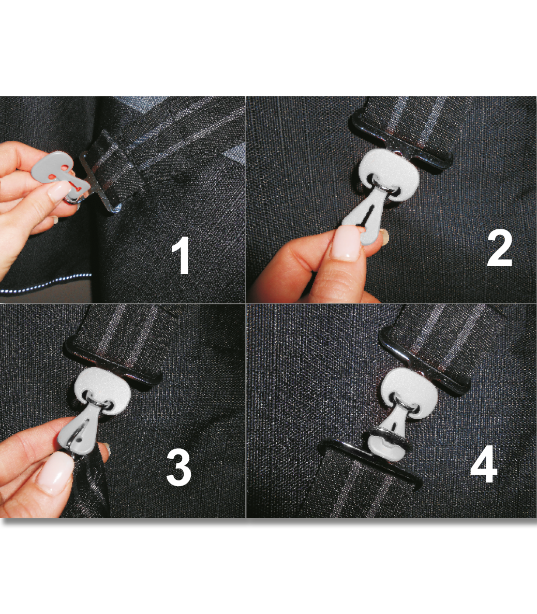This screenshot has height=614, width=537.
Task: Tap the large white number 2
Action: [x=499, y=249]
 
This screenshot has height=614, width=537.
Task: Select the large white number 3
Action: [x=178, y=467]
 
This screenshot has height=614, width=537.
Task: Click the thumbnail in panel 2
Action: [x=346, y=243]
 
